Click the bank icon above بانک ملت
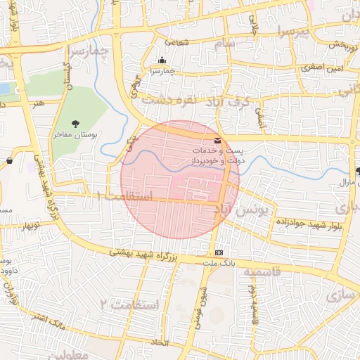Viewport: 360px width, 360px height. tap(219, 253)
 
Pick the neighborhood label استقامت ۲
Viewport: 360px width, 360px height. tap(129, 304)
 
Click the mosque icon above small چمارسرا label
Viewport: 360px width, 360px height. tap(163, 60)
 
